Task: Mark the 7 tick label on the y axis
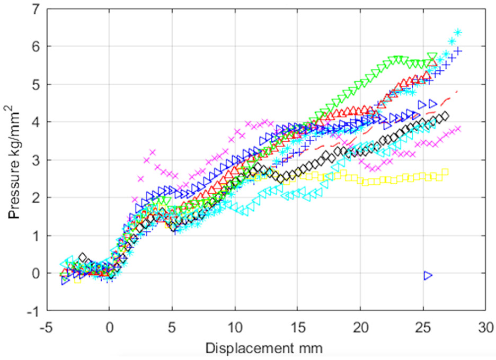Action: click(x=36, y=9)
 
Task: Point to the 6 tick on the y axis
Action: click(x=36, y=47)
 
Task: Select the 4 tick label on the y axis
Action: click(x=36, y=122)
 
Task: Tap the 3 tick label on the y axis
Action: click(x=36, y=160)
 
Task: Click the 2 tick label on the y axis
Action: click(x=36, y=198)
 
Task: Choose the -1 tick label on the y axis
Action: click(x=33, y=311)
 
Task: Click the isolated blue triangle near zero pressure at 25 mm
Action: click(x=428, y=275)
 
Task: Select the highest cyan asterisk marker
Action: click(x=458, y=33)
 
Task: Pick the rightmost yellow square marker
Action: click(x=445, y=172)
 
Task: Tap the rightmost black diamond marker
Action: click(x=445, y=115)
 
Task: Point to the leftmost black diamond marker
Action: click(x=83, y=257)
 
